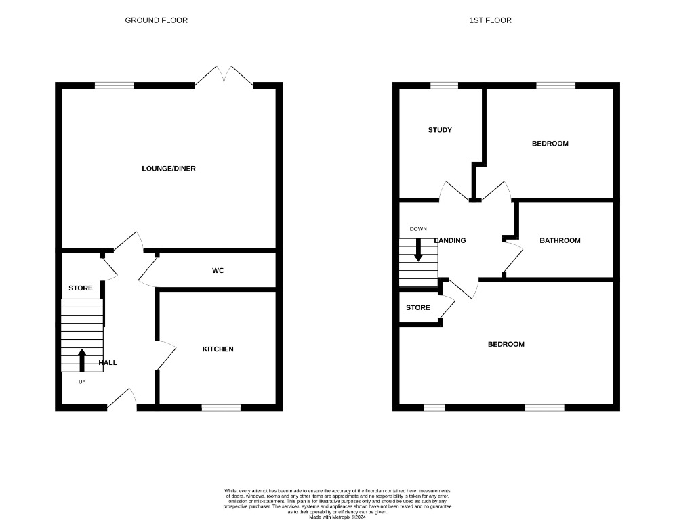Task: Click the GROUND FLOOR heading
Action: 156,20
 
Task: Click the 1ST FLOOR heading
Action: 490,20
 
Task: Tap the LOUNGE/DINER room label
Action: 169,168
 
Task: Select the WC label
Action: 218,271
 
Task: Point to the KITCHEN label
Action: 218,349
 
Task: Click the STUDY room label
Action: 440,130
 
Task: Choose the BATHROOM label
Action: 560,240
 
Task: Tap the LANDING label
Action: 450,240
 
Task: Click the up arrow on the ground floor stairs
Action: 82,360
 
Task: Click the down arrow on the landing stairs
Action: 418,249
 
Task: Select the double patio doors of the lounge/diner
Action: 224,77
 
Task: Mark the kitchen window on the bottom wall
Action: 222,408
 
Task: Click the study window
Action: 444,85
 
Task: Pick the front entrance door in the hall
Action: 121,400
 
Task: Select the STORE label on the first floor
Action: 417,307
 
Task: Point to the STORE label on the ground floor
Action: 81,288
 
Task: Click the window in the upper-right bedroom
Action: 556,85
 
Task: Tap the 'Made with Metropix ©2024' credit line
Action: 337,517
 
